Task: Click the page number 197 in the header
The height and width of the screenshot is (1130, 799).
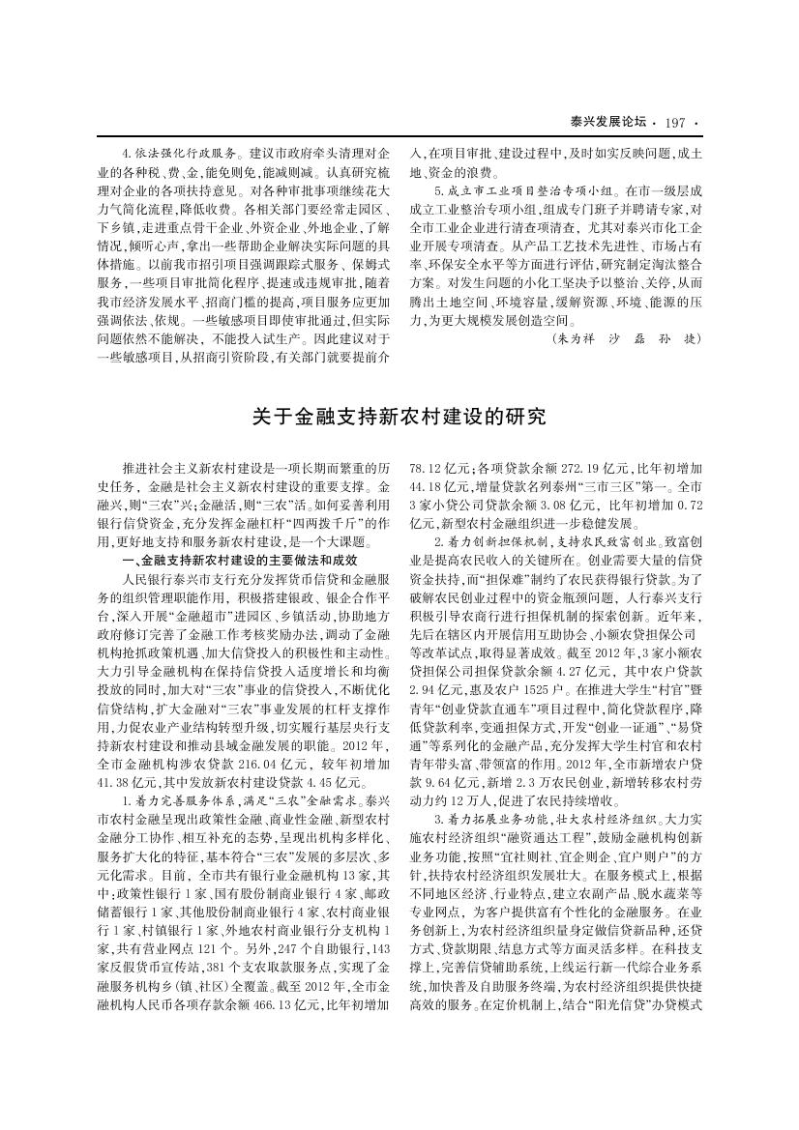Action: pyautogui.click(x=675, y=122)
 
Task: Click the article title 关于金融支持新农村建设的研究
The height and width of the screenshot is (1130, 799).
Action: pyautogui.click(x=399, y=417)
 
